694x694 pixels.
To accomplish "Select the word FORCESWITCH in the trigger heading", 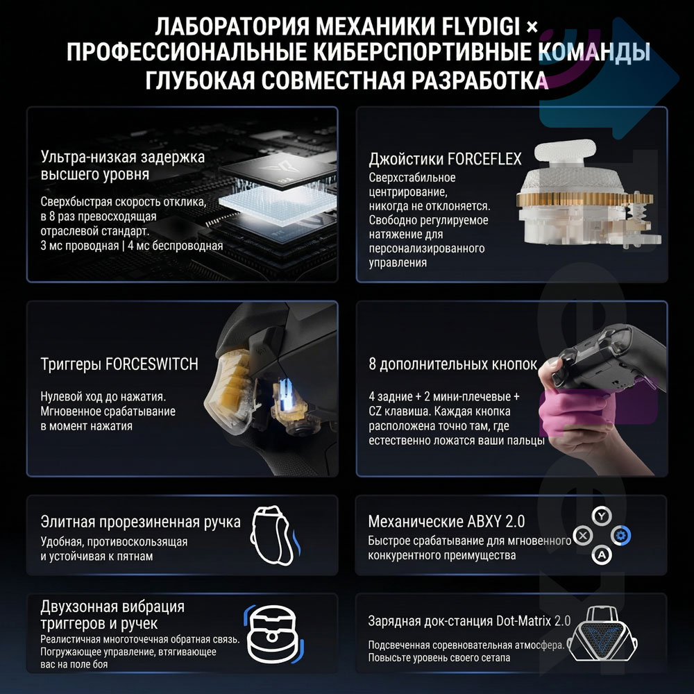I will pos(153,364).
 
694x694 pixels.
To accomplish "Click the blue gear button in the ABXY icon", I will pos(622,535).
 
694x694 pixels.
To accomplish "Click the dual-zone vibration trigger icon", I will pos(272,629).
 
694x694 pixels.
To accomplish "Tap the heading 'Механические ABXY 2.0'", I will pos(446,521).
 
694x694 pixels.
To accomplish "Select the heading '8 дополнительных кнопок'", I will pos(453,364).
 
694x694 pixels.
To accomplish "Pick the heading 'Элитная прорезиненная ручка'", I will pos(141,522).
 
